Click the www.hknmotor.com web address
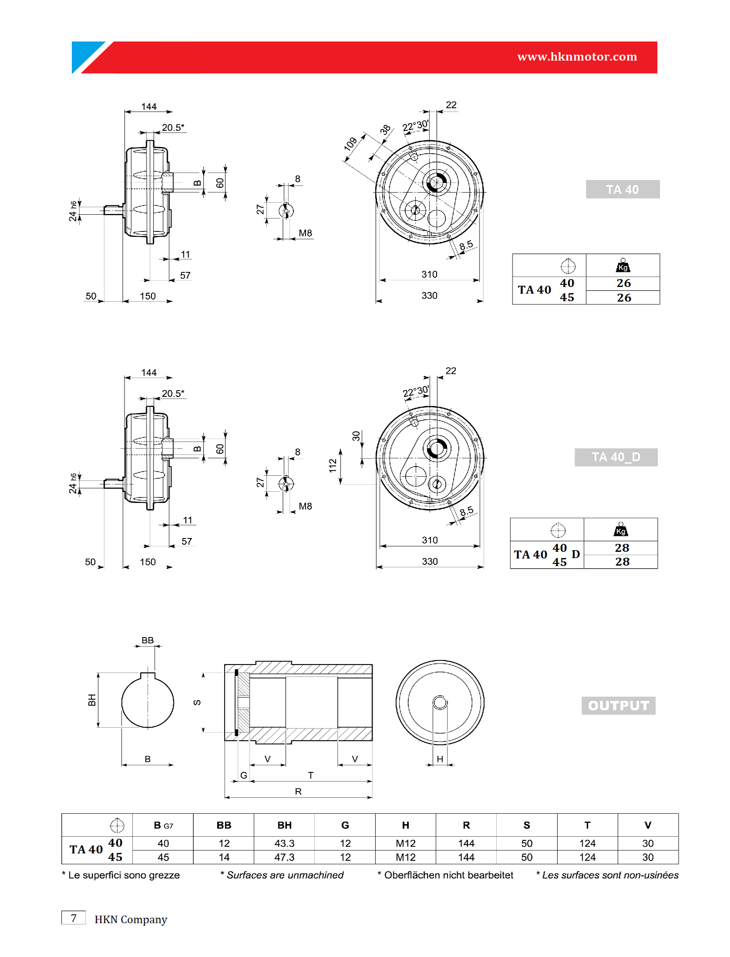[x=577, y=56]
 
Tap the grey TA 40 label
[x=622, y=190]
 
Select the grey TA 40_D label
[x=616, y=457]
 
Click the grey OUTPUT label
[x=618, y=705]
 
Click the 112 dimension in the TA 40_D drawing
[x=333, y=465]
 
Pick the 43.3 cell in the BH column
[x=284, y=843]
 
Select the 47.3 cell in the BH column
[x=284, y=857]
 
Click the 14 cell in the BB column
[x=224, y=857]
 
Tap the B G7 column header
[x=163, y=825]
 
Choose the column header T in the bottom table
[x=587, y=825]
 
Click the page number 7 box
[x=73, y=918]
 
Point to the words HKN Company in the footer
[x=131, y=919]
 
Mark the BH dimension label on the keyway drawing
[x=92, y=700]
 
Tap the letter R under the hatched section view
[x=298, y=791]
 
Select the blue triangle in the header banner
[x=85, y=54]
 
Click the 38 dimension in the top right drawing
[x=385, y=129]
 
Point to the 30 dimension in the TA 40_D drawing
[x=356, y=436]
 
